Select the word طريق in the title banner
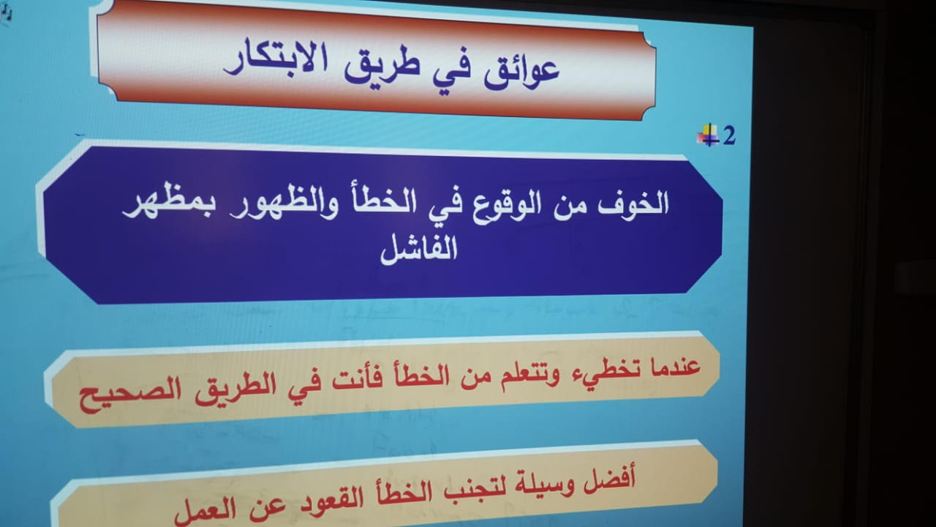click(x=382, y=64)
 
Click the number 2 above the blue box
click(x=729, y=136)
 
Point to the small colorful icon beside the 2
click(x=708, y=135)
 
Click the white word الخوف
click(x=633, y=203)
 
